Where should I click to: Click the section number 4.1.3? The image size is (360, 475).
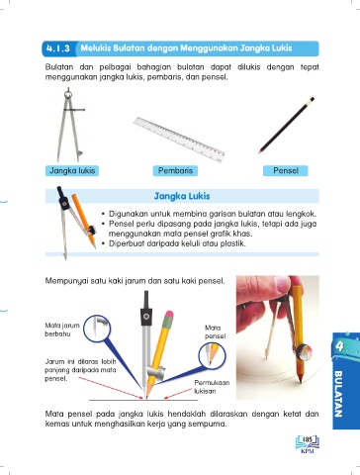[58, 48]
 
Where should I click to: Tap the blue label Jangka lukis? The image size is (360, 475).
[72, 171]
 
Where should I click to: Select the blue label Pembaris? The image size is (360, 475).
[175, 171]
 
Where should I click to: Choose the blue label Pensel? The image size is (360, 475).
[286, 171]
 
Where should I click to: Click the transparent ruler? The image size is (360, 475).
[179, 140]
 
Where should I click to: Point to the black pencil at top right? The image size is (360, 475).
[286, 126]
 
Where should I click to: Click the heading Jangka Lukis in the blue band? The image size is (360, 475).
[182, 196]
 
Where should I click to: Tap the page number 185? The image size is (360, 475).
[308, 439]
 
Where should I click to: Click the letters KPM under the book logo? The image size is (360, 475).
[308, 451]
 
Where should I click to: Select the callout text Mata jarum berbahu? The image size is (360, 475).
[62, 330]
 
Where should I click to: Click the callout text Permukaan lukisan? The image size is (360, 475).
[212, 387]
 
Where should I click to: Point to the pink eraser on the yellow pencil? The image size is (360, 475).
[169, 315]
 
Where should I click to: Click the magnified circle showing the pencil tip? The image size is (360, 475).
[213, 355]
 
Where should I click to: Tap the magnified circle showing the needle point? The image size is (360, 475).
[97, 329]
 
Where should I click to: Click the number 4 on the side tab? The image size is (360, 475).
[340, 346]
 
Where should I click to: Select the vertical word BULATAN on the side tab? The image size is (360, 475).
[338, 394]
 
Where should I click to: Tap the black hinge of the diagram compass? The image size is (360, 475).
[146, 317]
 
